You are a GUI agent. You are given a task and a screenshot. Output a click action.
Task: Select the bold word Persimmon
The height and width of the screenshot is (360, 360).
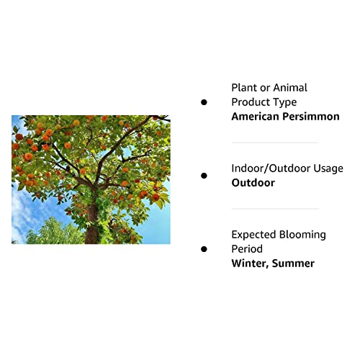(x=312, y=117)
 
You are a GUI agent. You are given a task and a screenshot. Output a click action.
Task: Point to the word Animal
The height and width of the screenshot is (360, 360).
(x=289, y=88)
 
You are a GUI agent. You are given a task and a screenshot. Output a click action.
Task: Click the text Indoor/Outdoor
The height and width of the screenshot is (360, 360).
(x=276, y=168)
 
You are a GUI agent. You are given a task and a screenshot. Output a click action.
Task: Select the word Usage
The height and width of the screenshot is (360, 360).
(x=327, y=168)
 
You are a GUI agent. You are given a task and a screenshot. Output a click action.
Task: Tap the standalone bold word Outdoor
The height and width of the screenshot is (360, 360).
(x=253, y=183)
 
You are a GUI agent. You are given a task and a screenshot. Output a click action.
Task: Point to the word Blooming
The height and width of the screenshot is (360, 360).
(x=306, y=235)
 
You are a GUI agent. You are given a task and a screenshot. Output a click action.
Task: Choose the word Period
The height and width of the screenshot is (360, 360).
(x=247, y=249)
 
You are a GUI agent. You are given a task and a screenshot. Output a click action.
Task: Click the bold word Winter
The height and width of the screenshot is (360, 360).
(x=249, y=264)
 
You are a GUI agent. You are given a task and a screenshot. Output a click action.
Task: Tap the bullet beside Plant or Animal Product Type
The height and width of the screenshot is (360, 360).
(x=204, y=102)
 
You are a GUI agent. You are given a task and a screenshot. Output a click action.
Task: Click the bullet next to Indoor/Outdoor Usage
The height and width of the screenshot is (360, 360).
(x=204, y=176)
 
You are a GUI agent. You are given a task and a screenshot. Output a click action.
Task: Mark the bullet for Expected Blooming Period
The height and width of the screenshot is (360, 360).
(x=204, y=249)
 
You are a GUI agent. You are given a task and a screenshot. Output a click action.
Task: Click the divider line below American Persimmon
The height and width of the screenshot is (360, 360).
(x=274, y=143)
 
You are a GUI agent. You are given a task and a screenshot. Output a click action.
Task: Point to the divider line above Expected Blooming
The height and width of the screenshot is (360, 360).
(x=274, y=209)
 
